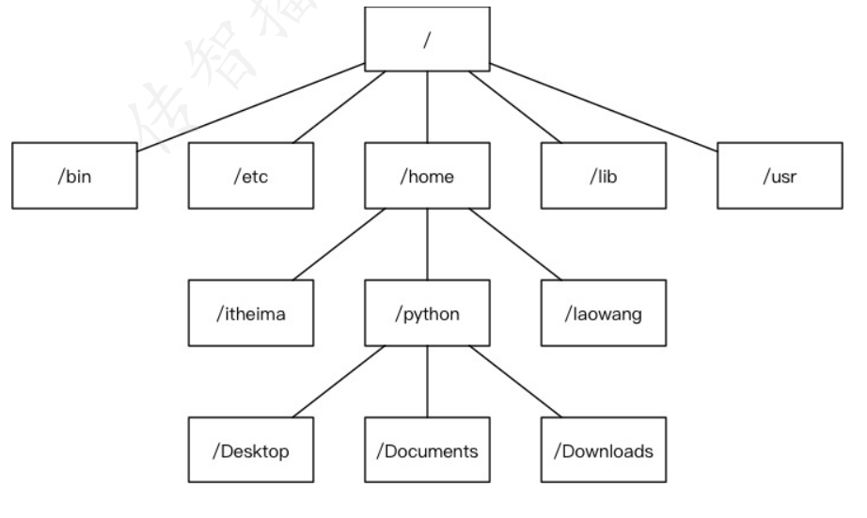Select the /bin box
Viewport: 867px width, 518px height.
[75, 176]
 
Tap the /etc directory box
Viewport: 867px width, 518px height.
[250, 176]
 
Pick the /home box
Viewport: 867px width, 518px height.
[428, 176]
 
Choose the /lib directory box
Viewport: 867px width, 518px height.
[604, 176]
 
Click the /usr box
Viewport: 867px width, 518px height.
[780, 176]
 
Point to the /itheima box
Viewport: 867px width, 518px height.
[250, 313]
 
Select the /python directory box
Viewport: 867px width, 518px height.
[428, 313]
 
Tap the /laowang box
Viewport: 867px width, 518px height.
[604, 313]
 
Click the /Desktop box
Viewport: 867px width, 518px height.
[250, 450]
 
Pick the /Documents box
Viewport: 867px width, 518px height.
[428, 450]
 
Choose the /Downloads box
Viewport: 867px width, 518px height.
[604, 450]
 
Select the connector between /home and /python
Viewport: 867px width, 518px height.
[428, 243]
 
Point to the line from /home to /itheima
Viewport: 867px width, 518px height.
[339, 243]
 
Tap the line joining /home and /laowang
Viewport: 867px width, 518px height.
[515, 243]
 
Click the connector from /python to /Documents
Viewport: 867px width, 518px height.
[428, 381]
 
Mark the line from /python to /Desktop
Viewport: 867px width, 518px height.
[339, 381]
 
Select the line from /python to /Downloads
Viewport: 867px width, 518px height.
[515, 381]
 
